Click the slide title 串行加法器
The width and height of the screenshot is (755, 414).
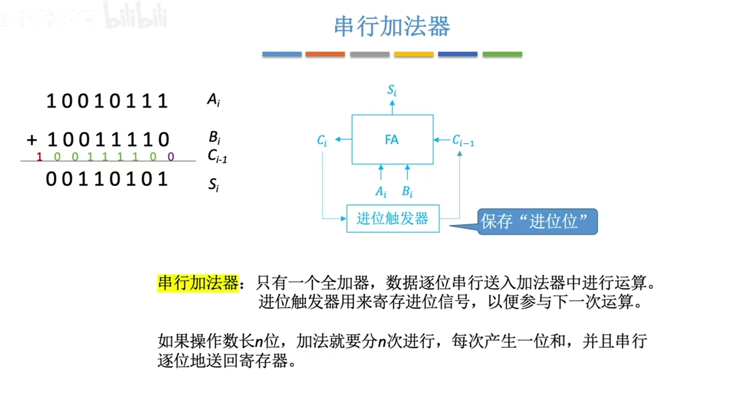pos(392,26)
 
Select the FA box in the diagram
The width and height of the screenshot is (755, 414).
pos(392,139)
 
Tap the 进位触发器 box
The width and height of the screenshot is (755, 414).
pos(392,218)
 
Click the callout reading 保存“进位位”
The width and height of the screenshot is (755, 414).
pos(538,222)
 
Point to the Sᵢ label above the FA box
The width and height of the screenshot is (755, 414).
pos(392,90)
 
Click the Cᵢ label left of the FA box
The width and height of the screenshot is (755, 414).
pos(322,141)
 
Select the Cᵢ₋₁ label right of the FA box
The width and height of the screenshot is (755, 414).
pos(463,141)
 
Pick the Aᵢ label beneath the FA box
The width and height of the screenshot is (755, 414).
pos(380,191)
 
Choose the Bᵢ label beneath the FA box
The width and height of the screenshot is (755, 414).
pos(407,191)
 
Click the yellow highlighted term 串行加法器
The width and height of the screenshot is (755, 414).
pos(198,283)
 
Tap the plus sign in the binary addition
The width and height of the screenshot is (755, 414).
pos(32,140)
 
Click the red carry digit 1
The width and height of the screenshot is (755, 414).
pos(39,157)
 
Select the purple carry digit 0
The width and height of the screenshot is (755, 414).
pos(171,157)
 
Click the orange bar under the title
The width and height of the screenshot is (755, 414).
pos(325,54)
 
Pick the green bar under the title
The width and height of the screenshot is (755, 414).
pos(502,54)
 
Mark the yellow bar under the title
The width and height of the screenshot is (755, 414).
pos(413,54)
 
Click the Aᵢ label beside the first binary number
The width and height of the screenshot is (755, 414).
pos(213,100)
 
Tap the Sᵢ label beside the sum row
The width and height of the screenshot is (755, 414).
pos(213,186)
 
